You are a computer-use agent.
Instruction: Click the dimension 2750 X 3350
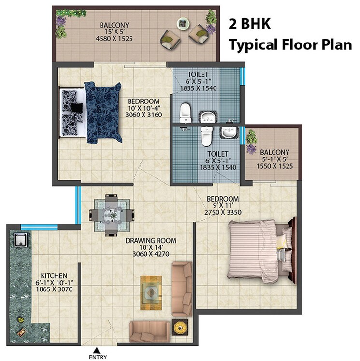click(222, 212)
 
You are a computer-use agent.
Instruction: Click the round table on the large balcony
click(183, 22)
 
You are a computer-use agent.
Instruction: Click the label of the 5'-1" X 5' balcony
click(274, 153)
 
